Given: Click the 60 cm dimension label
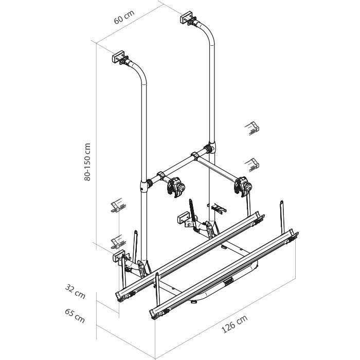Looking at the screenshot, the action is [x=124, y=17].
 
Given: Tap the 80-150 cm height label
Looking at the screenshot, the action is [x=87, y=162].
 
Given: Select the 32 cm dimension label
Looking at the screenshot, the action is [x=75, y=292].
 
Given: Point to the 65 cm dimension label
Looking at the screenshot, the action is [x=75, y=316].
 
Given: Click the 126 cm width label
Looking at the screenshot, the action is [x=235, y=323].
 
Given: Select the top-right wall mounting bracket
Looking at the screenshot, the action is [x=189, y=18].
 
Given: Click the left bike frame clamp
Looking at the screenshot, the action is [x=176, y=187].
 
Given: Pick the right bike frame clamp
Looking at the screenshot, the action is [x=243, y=186].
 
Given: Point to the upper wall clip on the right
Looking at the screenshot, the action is [x=252, y=128].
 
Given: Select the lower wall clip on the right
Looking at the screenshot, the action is [x=252, y=165].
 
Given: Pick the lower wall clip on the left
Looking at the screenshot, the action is [x=118, y=242].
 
